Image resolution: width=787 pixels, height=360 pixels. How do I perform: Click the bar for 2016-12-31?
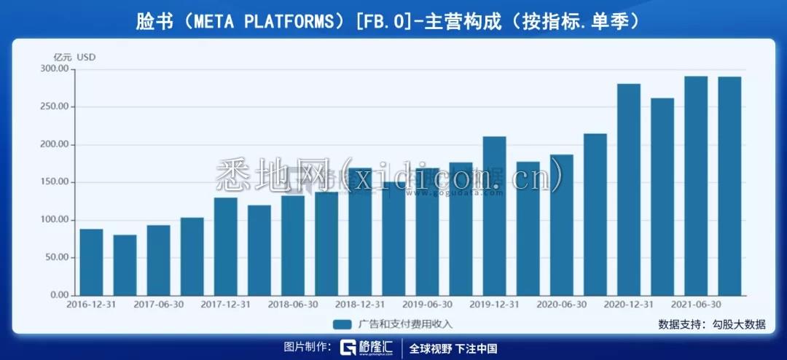[x=91, y=262]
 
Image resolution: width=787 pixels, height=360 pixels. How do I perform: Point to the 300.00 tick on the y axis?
[x=53, y=69]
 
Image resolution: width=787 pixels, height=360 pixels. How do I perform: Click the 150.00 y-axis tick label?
[x=53, y=182]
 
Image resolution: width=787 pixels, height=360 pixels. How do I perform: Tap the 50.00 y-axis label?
[x=55, y=257]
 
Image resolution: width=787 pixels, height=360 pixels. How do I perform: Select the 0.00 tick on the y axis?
[x=58, y=295]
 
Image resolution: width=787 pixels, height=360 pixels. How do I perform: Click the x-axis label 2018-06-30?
[x=292, y=305]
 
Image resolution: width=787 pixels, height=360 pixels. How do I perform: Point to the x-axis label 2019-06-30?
[x=427, y=305]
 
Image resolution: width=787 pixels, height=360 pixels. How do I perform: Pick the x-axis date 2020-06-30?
[x=561, y=305]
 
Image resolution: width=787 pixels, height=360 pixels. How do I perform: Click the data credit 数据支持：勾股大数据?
[x=711, y=324]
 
